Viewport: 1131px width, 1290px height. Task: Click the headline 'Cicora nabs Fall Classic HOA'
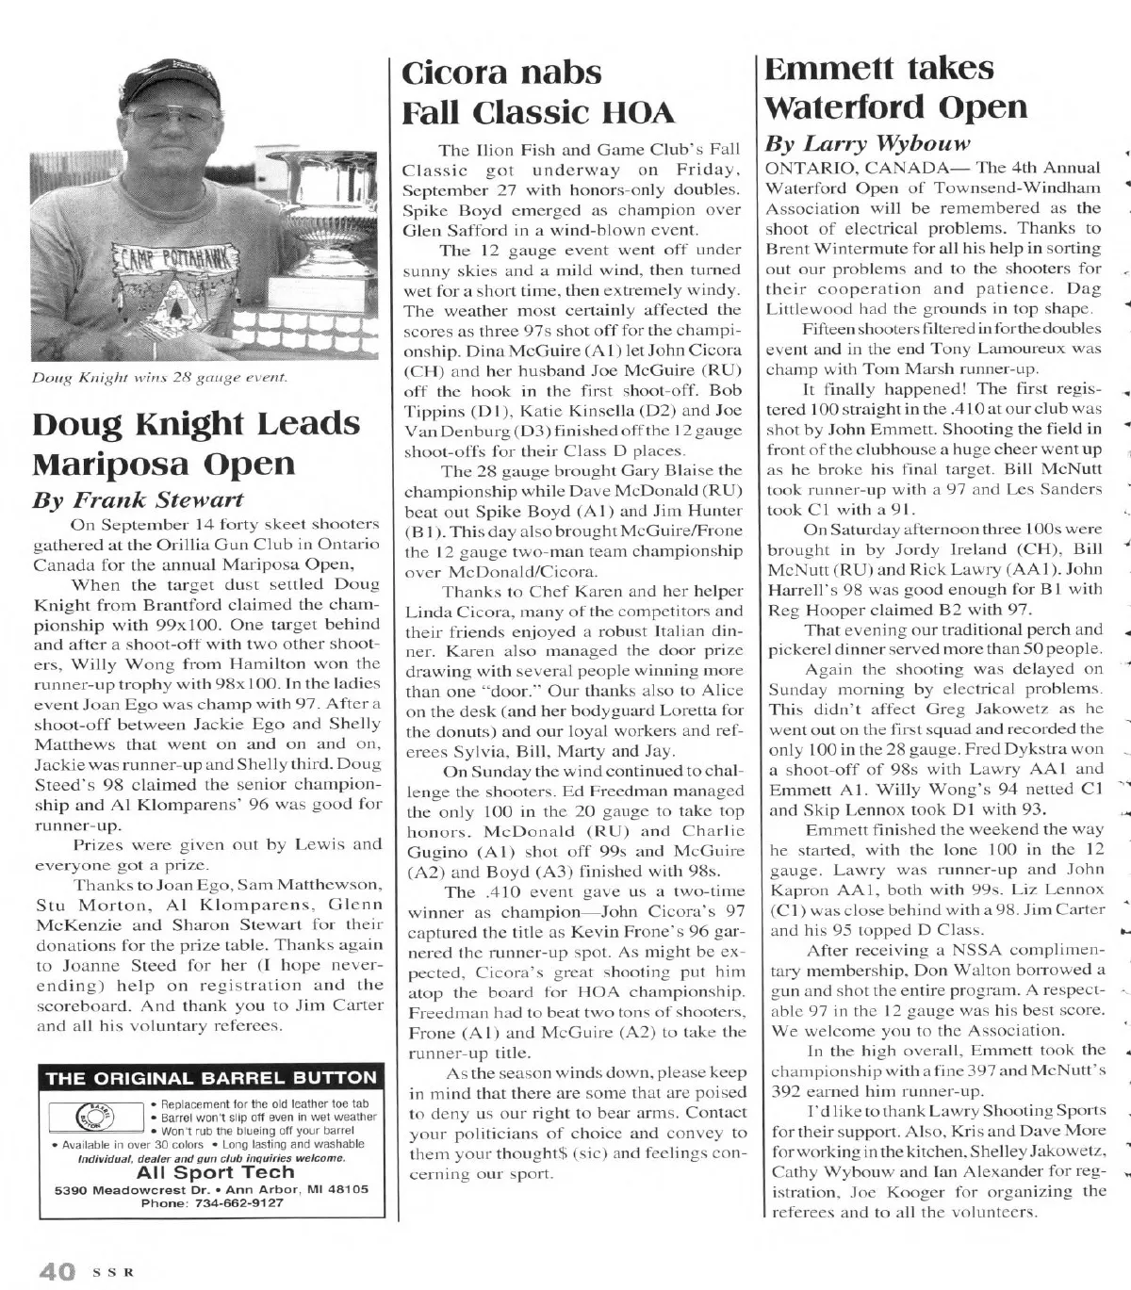point(538,92)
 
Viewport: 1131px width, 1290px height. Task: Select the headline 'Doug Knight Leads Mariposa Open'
point(196,443)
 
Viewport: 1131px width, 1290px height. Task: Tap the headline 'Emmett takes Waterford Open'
point(895,88)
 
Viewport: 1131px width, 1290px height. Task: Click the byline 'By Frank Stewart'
point(138,499)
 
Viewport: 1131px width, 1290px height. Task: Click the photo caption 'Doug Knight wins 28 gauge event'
point(159,378)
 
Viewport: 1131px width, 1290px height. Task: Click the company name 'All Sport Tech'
point(216,1172)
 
